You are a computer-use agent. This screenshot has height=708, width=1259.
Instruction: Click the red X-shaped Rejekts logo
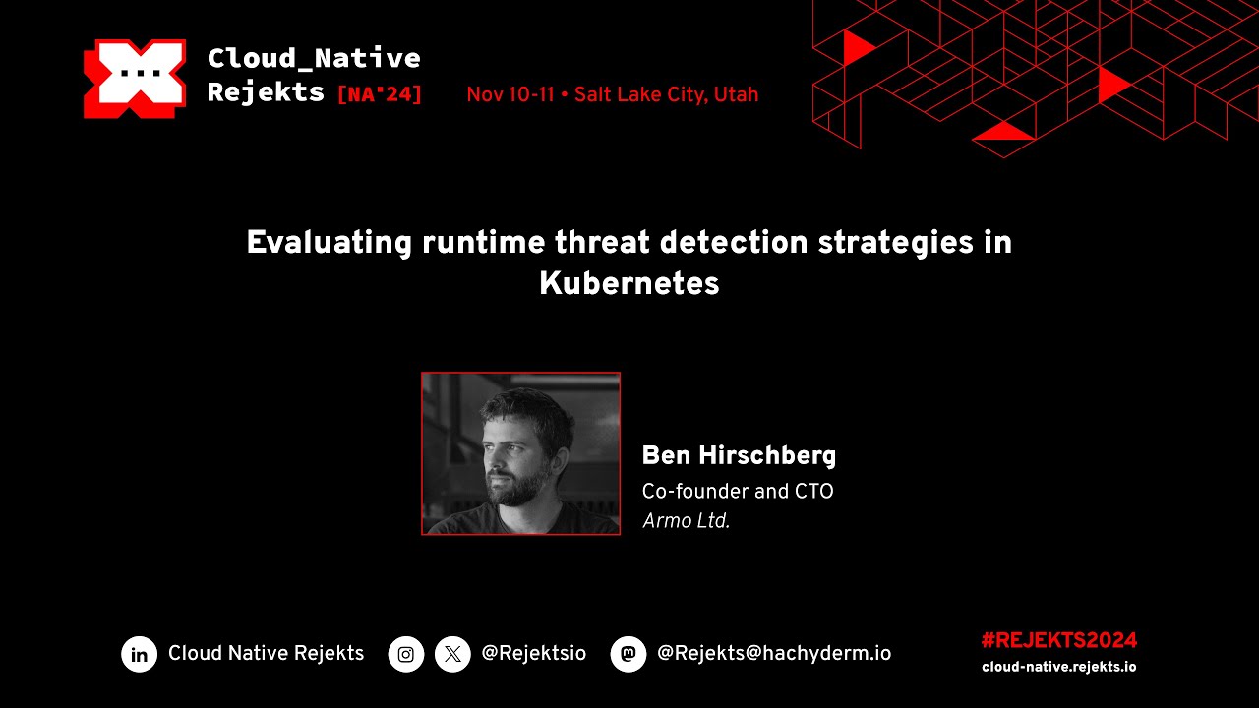pos(135,79)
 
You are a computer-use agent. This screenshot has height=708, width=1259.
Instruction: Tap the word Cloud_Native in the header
pos(314,58)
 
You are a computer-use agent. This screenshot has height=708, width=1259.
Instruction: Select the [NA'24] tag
pos(380,94)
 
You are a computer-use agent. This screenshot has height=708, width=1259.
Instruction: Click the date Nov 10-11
pos(510,95)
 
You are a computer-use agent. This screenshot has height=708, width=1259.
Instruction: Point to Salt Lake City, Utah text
pos(666,95)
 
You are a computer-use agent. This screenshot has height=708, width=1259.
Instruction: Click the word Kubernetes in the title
pos(629,284)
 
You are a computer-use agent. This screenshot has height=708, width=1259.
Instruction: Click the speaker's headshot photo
pos(520,453)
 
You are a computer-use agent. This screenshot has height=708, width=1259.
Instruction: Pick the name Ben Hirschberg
pos(739,456)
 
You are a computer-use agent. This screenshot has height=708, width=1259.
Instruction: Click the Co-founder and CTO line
pos(738,491)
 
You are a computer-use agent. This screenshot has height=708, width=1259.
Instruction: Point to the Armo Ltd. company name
pos(686,522)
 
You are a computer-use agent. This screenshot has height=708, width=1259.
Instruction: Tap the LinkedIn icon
pos(140,654)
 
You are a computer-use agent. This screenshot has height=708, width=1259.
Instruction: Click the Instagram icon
pos(406,654)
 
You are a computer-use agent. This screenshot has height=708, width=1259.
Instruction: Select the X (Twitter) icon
pos(452,654)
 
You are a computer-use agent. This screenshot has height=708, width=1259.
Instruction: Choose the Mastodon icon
pos(629,654)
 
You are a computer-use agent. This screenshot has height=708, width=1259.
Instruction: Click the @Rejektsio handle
pos(533,654)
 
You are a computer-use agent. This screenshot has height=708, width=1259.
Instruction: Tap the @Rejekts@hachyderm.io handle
pos(774,654)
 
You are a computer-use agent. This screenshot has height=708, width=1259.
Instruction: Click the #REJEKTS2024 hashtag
pos(1058,640)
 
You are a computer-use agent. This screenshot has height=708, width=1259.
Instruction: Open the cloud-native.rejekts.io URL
pos(1058,667)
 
